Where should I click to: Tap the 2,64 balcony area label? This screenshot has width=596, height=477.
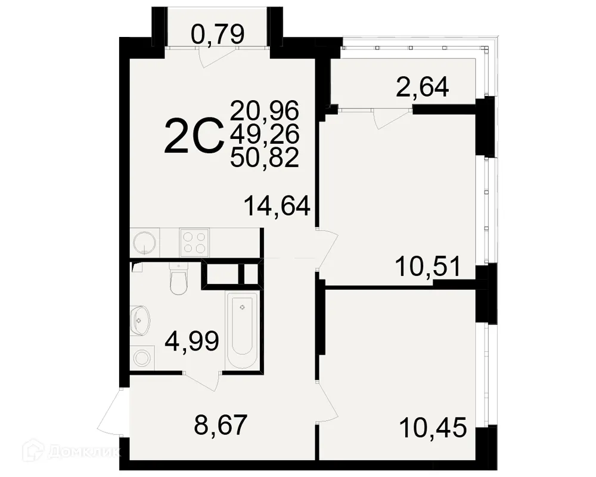[x=422, y=88]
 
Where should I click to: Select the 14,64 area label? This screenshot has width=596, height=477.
[x=277, y=206]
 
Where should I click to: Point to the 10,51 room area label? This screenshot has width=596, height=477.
[x=429, y=266]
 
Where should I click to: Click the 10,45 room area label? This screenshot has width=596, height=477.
[x=432, y=428]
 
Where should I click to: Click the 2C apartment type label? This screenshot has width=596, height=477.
[x=193, y=136]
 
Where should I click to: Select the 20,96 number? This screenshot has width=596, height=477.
[x=264, y=110]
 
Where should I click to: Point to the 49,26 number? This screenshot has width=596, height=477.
[x=264, y=135]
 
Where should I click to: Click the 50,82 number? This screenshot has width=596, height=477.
[x=264, y=159]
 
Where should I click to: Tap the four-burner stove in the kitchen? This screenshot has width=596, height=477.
[x=194, y=243]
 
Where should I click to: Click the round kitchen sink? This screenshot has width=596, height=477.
[x=145, y=243]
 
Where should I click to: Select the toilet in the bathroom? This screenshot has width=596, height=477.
[x=178, y=280]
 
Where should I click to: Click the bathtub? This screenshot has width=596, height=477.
[x=242, y=331]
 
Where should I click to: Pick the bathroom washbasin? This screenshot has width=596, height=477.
[x=139, y=320]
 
